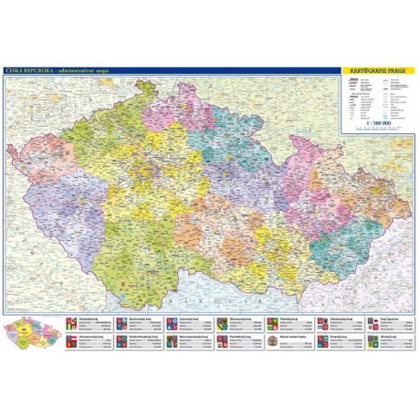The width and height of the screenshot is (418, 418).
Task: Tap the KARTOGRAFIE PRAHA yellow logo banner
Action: click(x=377, y=71)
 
